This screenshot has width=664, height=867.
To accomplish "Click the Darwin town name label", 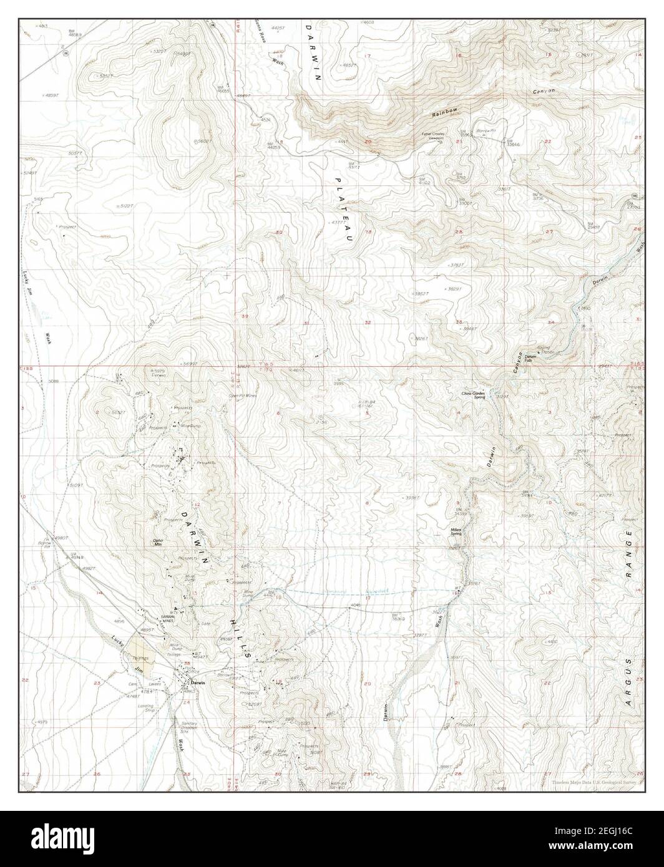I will [x=198, y=684].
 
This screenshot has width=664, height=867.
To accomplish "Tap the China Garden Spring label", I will [x=474, y=395].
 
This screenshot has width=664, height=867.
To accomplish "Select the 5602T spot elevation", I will [x=203, y=142].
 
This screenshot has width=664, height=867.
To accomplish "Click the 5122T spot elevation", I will [x=127, y=206].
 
